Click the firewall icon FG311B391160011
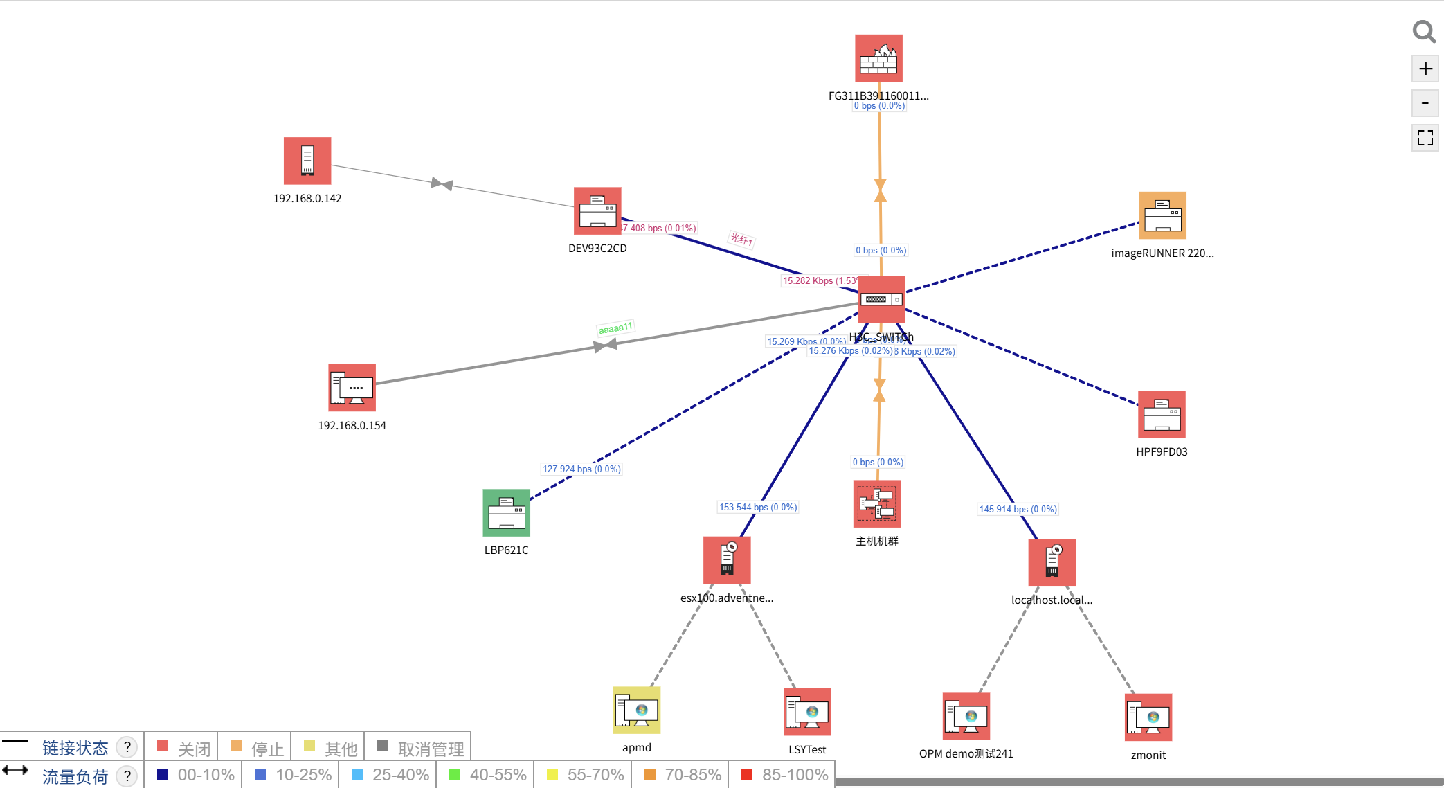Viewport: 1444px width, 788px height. (x=878, y=58)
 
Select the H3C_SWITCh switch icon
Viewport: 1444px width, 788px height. (x=881, y=299)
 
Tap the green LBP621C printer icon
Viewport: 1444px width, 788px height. (x=506, y=513)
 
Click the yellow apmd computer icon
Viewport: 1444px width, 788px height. (x=637, y=710)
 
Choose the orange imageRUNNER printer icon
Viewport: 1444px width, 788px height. (x=1162, y=215)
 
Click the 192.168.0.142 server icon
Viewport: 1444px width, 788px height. (x=307, y=161)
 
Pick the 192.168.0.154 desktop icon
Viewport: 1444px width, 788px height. (x=352, y=388)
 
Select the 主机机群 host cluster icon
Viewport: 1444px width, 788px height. (x=876, y=503)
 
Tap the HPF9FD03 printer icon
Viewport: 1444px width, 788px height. (x=1162, y=414)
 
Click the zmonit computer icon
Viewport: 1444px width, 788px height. (x=1148, y=717)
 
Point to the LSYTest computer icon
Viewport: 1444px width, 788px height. (x=807, y=712)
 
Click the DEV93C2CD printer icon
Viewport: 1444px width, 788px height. (x=597, y=211)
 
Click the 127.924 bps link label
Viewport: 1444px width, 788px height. (x=581, y=469)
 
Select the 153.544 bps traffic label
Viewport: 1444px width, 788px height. (x=758, y=507)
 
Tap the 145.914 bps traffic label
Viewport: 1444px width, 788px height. (x=1018, y=509)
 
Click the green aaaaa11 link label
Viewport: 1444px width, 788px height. (x=615, y=328)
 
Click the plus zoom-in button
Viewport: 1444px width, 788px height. (x=1425, y=69)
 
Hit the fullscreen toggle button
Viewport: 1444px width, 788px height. (x=1425, y=138)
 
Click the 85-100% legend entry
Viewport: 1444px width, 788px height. (x=785, y=775)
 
